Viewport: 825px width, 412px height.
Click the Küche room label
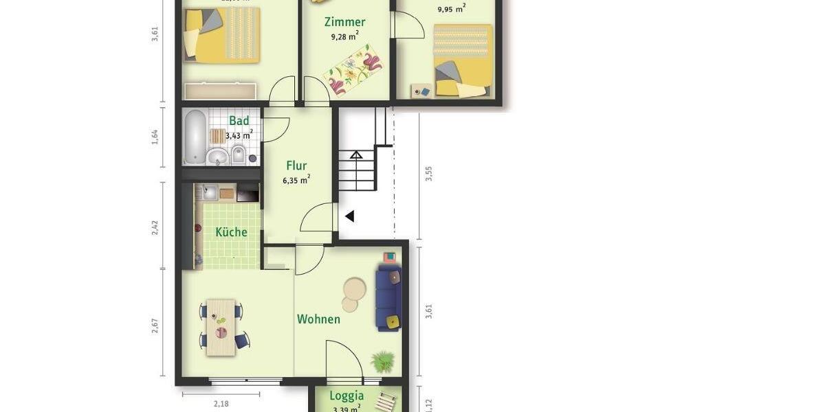(x=231, y=232)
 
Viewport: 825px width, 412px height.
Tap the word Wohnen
(x=318, y=319)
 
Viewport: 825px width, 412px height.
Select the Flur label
(x=296, y=165)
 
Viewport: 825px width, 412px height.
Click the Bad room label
(x=239, y=121)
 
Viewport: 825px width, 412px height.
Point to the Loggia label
(x=346, y=396)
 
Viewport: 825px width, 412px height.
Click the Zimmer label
(x=344, y=22)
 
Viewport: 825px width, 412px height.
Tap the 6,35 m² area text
(x=296, y=181)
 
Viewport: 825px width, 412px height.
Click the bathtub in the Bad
(x=195, y=137)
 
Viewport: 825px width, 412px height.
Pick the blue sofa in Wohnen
(x=388, y=299)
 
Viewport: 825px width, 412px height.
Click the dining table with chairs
(x=221, y=326)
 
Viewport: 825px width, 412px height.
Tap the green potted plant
(x=382, y=360)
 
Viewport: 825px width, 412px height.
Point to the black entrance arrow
(x=349, y=216)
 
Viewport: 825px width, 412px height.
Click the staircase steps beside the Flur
(x=356, y=171)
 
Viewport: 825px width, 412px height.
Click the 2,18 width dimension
(x=221, y=404)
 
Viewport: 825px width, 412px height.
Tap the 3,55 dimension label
(x=429, y=173)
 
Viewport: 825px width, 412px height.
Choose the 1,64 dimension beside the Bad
(x=155, y=137)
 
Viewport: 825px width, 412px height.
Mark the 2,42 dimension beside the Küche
(x=155, y=227)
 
